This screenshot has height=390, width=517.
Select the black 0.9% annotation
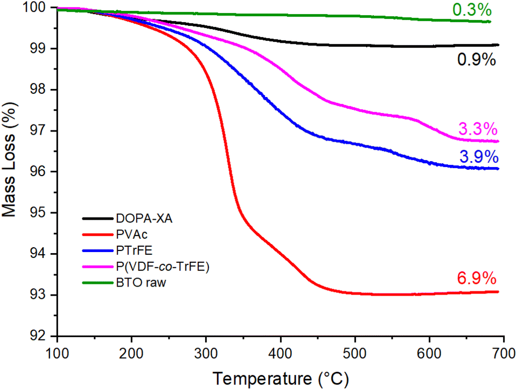(x=476, y=60)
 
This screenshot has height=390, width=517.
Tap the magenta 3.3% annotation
(x=478, y=130)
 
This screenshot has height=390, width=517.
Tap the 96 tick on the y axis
(x=41, y=172)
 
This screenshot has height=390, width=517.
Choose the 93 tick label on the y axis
(x=41, y=295)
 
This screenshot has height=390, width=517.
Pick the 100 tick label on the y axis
(x=37, y=8)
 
